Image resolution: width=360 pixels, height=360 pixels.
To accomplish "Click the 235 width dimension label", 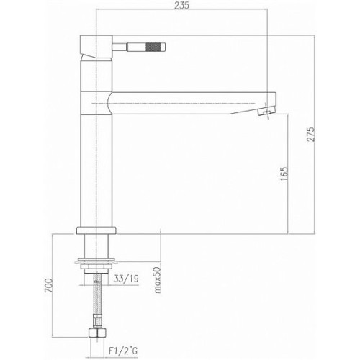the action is coord(181,5).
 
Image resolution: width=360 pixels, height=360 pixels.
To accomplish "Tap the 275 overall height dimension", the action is coord(311,134).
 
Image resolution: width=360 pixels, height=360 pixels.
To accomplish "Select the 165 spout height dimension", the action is coord(284,174).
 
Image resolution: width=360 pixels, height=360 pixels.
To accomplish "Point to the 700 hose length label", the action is coord(48,286).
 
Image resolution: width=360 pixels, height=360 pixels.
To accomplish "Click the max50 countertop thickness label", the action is coord(158,279).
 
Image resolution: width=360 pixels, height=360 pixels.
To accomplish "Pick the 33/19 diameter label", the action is coord(126,279).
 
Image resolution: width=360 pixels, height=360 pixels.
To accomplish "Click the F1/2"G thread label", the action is coord(123,351).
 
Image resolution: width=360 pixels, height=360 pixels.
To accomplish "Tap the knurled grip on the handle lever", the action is coord(151,47).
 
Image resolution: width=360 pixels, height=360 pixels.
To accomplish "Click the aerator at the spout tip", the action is coord(266,112).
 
